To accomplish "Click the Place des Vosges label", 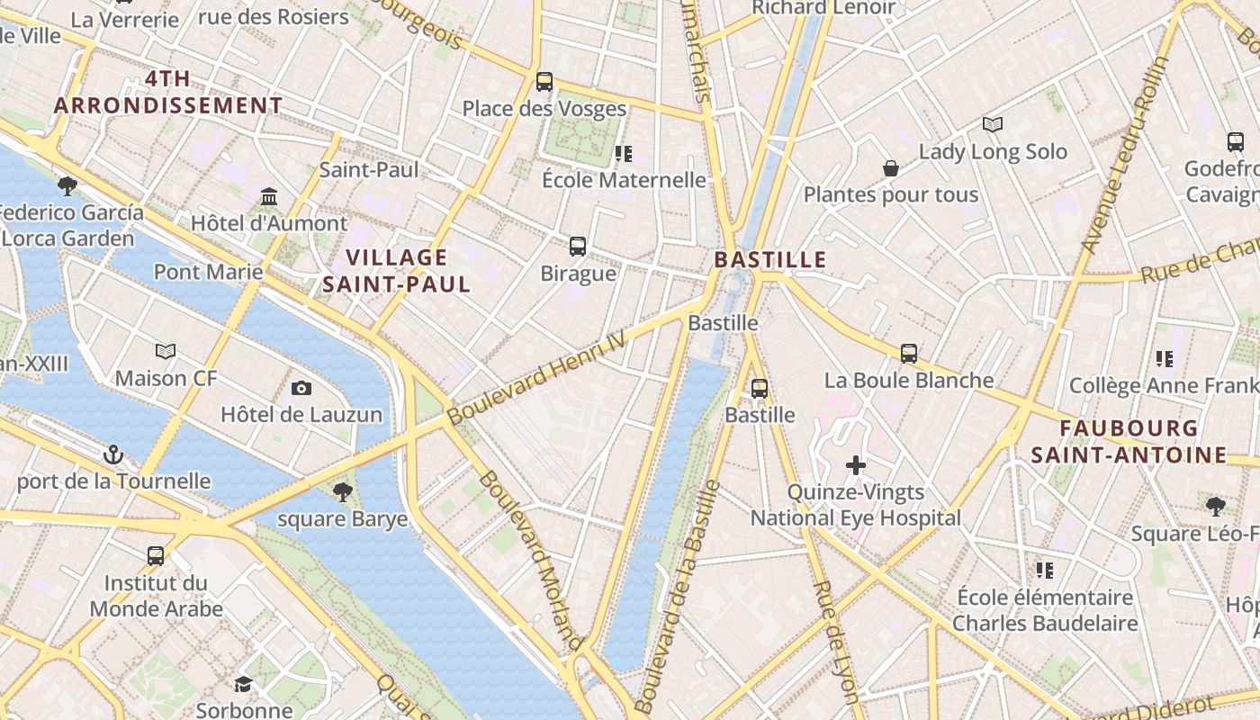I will click(x=544, y=109).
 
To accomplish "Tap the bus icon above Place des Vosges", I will click(x=544, y=82).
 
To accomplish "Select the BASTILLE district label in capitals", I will click(x=769, y=260).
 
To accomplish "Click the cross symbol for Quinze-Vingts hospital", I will click(x=856, y=465).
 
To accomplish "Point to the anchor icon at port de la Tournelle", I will click(x=113, y=454).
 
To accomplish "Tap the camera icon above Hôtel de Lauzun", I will click(x=301, y=388).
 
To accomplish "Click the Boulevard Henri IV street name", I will click(x=535, y=377).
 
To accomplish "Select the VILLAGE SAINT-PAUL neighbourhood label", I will click(x=397, y=271).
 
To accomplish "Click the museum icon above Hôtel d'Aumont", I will click(x=269, y=196).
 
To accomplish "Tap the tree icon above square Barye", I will click(x=342, y=491).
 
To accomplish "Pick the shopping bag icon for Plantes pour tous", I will click(x=890, y=168).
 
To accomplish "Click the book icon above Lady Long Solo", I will click(x=992, y=124).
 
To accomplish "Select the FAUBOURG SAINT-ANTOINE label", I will click(x=1129, y=441).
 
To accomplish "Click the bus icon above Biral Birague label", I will click(x=578, y=246).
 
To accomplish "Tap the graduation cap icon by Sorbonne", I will click(x=243, y=684).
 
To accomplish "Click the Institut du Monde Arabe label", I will click(x=156, y=596).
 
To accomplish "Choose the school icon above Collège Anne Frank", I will click(x=1164, y=359).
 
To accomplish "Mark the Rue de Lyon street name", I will click(x=835, y=641).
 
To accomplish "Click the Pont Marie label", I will click(x=208, y=272).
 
